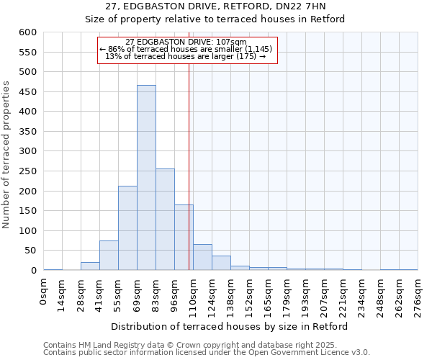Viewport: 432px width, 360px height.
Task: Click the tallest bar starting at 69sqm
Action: point(146,178)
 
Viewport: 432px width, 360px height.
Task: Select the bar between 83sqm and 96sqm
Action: point(165,220)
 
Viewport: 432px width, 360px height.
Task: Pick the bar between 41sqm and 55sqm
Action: point(109,256)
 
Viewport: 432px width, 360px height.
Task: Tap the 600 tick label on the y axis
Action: point(27,32)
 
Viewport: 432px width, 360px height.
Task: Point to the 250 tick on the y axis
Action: point(27,171)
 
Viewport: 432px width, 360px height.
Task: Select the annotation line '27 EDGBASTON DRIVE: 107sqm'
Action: point(186,42)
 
